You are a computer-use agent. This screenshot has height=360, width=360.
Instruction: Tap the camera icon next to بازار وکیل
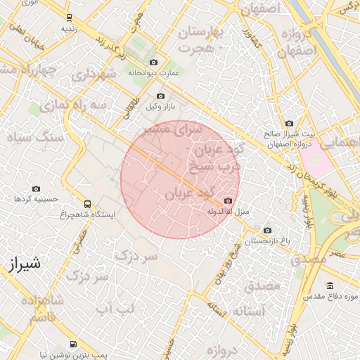pos(161,96)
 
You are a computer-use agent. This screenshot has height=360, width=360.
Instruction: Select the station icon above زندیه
pos(68,18)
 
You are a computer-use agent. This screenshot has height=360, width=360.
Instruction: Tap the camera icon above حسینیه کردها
pos(36,188)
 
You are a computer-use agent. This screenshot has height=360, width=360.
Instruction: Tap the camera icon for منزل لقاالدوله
pos(227,201)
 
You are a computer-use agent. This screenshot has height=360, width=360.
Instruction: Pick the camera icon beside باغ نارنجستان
pos(266,231)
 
